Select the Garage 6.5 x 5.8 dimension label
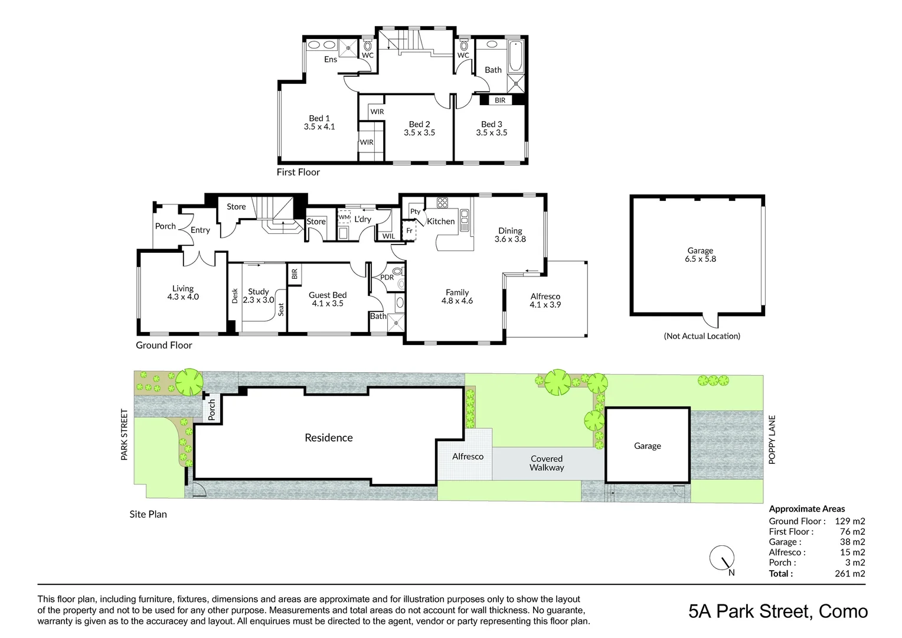coord(700,255)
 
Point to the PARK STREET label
coord(125,435)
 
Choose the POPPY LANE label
coord(772,440)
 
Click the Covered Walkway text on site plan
coord(547,463)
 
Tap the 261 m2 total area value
coord(850,573)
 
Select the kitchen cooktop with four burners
coord(442,203)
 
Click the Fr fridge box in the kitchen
coord(409,231)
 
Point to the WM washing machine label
coord(344,217)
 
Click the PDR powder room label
coord(387,277)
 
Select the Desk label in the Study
coord(235,296)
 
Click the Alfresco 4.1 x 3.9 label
coord(545,300)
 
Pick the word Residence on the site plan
coord(329,438)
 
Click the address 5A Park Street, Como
coord(778,611)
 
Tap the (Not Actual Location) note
coord(702,336)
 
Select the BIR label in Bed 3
coord(500,100)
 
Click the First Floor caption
coord(298,172)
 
